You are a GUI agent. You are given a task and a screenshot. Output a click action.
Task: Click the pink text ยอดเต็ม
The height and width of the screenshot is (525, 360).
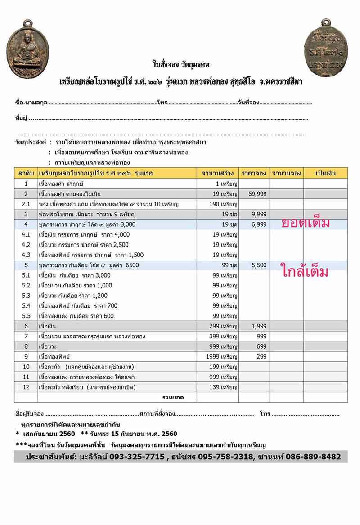(306, 223)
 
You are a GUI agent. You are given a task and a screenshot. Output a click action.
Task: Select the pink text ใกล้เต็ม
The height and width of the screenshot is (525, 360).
(306, 271)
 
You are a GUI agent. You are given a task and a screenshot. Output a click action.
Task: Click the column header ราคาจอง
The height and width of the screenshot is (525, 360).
(254, 173)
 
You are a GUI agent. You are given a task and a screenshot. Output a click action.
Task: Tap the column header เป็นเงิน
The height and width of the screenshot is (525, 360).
(325, 173)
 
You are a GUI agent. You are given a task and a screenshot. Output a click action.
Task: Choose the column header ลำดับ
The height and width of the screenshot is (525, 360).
(26, 173)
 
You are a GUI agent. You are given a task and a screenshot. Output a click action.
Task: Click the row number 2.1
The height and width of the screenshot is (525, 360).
(26, 204)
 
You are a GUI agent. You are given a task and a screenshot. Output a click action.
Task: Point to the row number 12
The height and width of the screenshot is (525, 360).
(26, 387)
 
